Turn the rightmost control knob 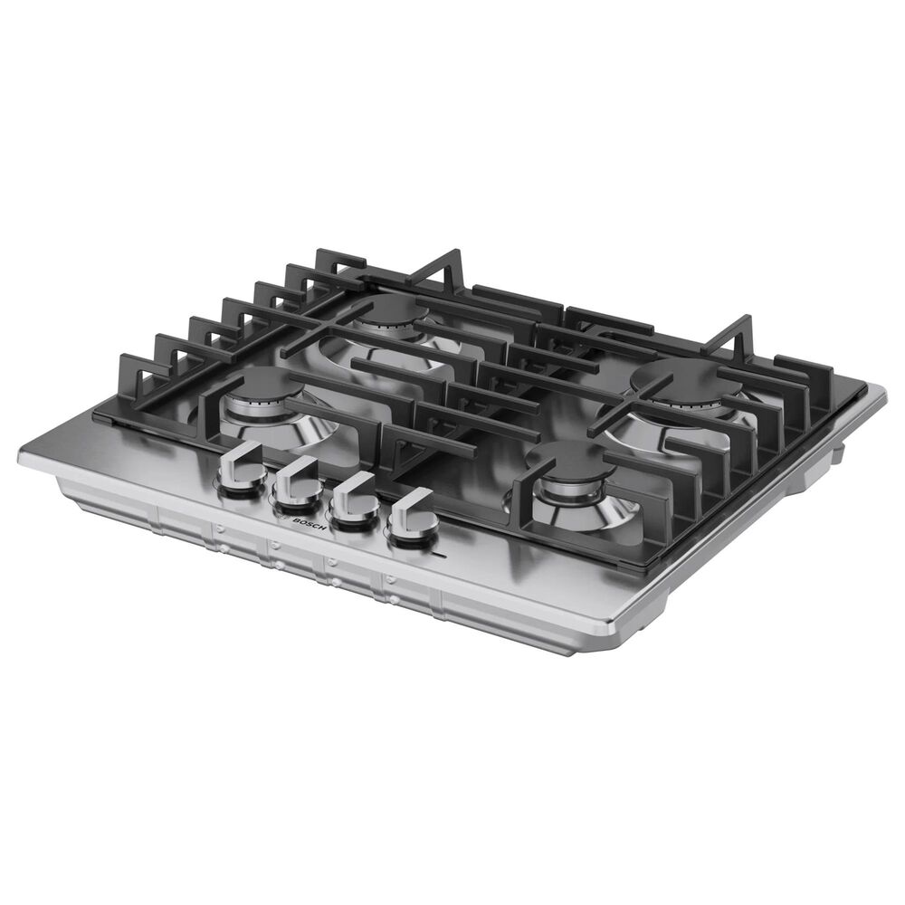[414, 516]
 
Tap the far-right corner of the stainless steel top [882, 391]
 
